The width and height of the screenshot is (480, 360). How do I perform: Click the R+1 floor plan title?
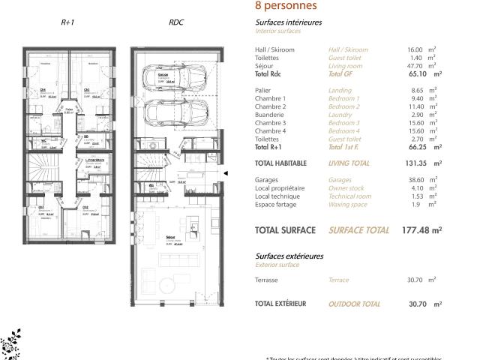click(67, 22)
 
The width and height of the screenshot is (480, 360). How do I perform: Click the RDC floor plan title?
click(176, 22)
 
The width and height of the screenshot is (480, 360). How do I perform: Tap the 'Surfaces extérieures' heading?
click(289, 256)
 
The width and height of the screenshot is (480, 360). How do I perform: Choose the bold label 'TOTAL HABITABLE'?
click(284, 163)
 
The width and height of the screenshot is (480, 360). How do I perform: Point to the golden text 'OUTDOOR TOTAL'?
click(355, 304)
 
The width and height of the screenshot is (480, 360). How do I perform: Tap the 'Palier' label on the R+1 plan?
click(69, 110)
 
